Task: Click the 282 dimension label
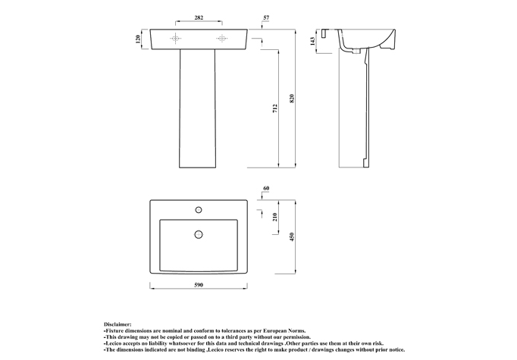click(x=199, y=17)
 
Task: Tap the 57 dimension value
click(x=266, y=17)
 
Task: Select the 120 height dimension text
click(x=138, y=39)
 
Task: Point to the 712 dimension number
click(x=275, y=108)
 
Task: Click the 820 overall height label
click(x=291, y=99)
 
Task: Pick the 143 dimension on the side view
click(x=312, y=41)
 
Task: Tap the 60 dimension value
click(x=266, y=188)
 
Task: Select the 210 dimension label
click(x=275, y=217)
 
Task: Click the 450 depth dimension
click(x=291, y=236)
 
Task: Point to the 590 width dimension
click(x=199, y=285)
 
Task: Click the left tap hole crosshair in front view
click(x=176, y=39)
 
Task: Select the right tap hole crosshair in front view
click(x=222, y=39)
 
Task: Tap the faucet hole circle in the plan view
click(x=199, y=210)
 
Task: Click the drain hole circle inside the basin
click(x=199, y=234)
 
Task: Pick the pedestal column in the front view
click(x=197, y=109)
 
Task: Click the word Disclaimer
click(x=117, y=324)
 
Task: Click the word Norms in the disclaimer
click(x=296, y=330)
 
